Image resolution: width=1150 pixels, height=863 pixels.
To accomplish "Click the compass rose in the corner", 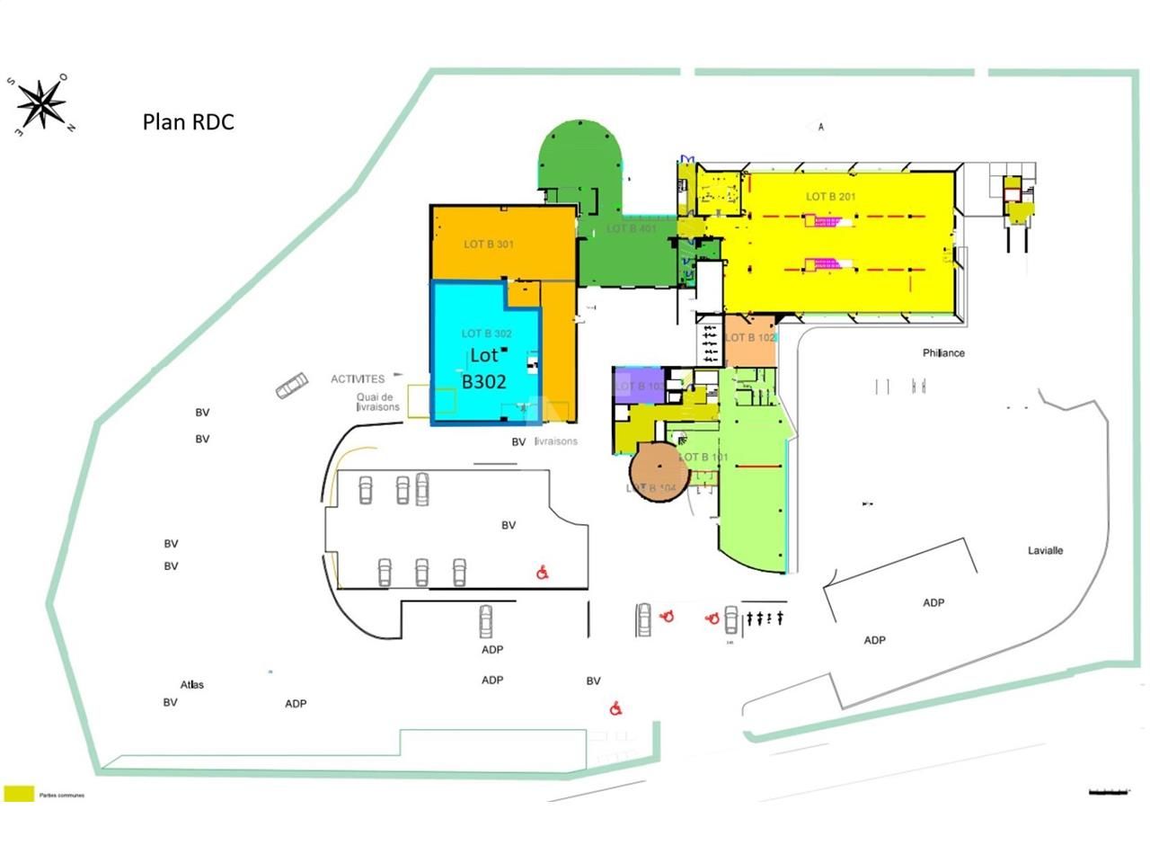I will coord(41,103).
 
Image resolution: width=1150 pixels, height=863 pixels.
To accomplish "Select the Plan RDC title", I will coord(188,121).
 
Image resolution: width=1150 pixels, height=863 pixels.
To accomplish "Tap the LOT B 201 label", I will coord(830,196).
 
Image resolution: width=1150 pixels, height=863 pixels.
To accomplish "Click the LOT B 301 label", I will coord(489,244).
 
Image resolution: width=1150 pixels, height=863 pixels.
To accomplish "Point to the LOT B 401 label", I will coord(632,228).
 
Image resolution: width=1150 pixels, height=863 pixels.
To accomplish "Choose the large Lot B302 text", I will coord(484,369).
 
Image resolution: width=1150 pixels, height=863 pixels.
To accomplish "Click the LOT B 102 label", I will coord(750,338).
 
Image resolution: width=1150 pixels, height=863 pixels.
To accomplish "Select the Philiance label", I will coord(943,353).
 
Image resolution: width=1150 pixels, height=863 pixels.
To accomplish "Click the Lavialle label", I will coord(1045,550).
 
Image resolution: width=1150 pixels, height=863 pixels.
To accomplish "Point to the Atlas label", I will coord(192,684).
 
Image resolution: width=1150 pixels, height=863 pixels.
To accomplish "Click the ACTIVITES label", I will coord(358,378).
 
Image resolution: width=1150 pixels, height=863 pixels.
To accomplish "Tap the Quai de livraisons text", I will coord(377,402).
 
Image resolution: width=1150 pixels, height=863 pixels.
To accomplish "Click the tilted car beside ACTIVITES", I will coord(291,387).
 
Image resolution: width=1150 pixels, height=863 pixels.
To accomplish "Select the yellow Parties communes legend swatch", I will coord(19,793).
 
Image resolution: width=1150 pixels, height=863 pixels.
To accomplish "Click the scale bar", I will coord(1108,791).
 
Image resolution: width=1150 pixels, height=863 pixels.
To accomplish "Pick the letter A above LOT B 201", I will coord(821,128).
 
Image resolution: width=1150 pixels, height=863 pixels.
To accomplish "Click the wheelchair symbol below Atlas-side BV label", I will coord(616,708).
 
